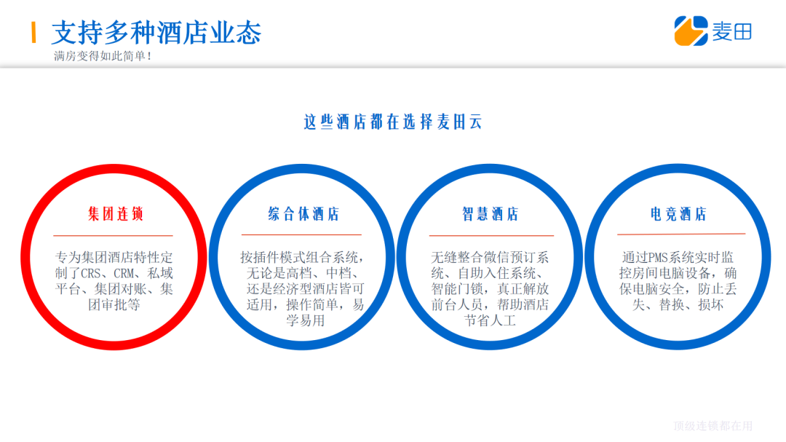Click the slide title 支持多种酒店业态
click(x=156, y=32)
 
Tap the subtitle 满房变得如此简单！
click(x=103, y=56)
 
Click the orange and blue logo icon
click(x=691, y=31)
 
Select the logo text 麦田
click(x=731, y=31)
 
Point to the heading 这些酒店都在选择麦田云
click(x=393, y=122)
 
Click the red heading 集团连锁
click(x=115, y=214)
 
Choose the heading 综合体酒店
click(x=303, y=214)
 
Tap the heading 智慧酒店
click(x=490, y=214)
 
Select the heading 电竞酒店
click(x=678, y=214)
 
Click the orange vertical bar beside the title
click(x=33, y=32)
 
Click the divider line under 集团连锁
click(x=113, y=236)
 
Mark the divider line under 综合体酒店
click(x=301, y=235)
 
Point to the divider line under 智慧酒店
click(x=491, y=236)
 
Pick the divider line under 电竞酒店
click(x=681, y=234)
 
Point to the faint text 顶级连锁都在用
click(x=713, y=426)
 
